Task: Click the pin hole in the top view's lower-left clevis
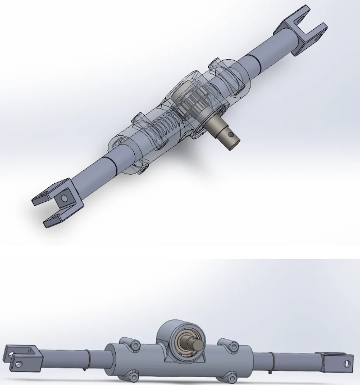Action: (65, 198)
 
